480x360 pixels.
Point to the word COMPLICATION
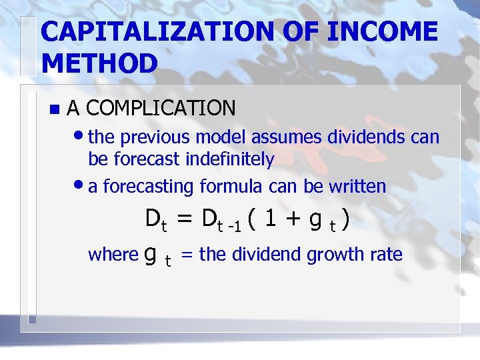pos(161,107)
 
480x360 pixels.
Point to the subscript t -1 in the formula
pos(230,226)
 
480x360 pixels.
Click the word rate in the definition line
pos(388,254)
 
